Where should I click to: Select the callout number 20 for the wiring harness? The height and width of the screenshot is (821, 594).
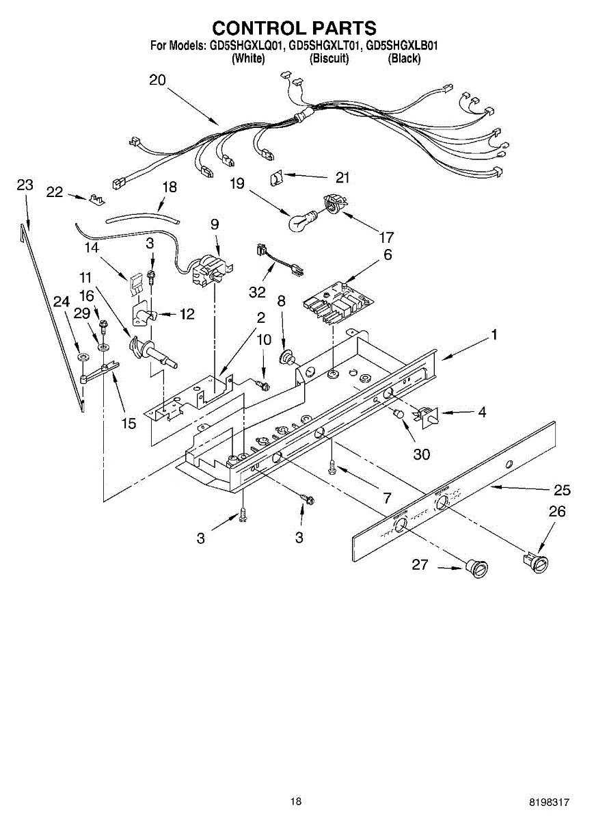[x=157, y=81]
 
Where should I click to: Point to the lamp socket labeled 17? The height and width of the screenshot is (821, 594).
[x=332, y=204]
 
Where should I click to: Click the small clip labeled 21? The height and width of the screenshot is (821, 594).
[x=278, y=177]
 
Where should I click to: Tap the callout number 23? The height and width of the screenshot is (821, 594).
[x=25, y=185]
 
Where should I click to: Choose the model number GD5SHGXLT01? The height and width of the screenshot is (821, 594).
[x=324, y=47]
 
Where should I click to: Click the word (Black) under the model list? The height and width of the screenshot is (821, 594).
[x=404, y=59]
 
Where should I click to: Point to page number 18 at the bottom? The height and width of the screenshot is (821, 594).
[x=295, y=801]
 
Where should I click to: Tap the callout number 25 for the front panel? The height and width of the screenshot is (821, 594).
[x=562, y=491]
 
